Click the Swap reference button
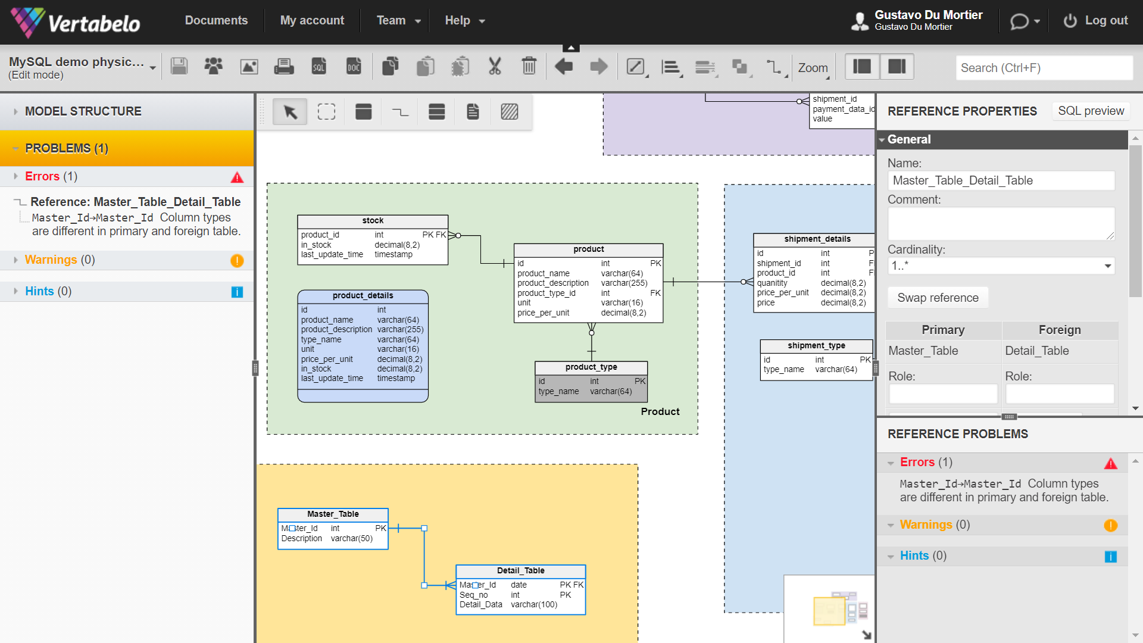[938, 298]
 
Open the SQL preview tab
[1091, 111]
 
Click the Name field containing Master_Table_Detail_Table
[1001, 180]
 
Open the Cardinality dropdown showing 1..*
[1001, 266]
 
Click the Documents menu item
[216, 20]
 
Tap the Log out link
[1096, 20]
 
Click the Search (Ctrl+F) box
[1044, 68]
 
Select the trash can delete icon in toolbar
[529, 66]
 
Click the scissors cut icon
[495, 66]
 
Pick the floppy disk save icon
[179, 66]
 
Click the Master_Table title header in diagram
[333, 514]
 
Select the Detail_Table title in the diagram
[521, 571]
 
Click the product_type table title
[591, 367]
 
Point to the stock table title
[373, 221]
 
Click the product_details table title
[363, 296]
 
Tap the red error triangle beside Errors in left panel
[237, 177]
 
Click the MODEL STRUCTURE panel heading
[83, 111]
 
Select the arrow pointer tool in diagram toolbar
[290, 111]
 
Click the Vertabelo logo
[76, 23]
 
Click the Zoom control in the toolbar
[813, 68]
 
